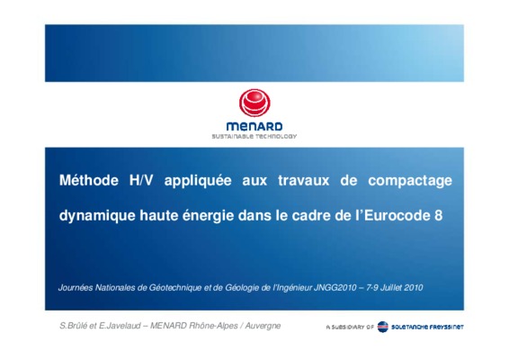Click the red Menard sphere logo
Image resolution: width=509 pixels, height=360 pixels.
click(254, 103)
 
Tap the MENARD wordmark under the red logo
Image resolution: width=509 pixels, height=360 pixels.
click(254, 126)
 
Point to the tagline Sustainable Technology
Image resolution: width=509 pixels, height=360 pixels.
click(254, 137)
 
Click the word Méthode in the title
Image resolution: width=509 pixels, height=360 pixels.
click(89, 180)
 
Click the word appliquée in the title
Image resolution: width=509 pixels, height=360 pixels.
click(198, 181)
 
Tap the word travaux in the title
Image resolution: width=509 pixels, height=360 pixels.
click(304, 181)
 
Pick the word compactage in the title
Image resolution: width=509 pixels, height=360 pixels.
click(410, 181)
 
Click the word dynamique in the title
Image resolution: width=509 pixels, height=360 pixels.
click(97, 216)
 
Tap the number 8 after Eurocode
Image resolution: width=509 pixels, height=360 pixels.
click(438, 215)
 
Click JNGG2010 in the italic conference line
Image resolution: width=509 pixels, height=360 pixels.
click(335, 288)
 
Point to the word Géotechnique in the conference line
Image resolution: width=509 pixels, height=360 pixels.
click(175, 288)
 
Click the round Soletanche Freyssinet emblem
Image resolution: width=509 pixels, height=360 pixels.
click(383, 327)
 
